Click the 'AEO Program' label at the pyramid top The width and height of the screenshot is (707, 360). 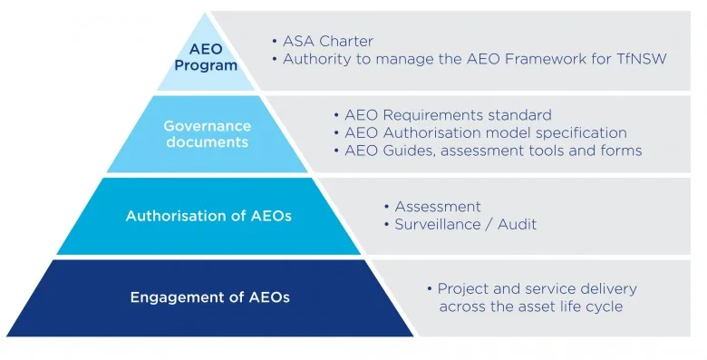point(206,57)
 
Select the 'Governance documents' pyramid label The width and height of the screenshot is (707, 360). point(207,133)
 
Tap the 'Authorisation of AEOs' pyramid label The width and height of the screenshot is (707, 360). point(208,216)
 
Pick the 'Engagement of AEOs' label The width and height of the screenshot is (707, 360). point(209,297)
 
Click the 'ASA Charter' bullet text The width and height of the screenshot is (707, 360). point(328,41)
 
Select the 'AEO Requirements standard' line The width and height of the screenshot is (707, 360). point(448,115)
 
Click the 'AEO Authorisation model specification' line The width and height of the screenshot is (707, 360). point(486,133)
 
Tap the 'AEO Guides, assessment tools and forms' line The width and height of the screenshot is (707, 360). point(493,151)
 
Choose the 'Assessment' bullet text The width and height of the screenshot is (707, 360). point(438,207)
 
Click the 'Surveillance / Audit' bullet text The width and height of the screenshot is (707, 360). point(465,224)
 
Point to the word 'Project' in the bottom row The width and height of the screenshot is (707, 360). point(462,289)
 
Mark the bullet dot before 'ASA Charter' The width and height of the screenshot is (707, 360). point(275,42)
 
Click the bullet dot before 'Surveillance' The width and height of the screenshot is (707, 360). point(387,225)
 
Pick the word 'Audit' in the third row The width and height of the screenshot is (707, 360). point(517,224)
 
